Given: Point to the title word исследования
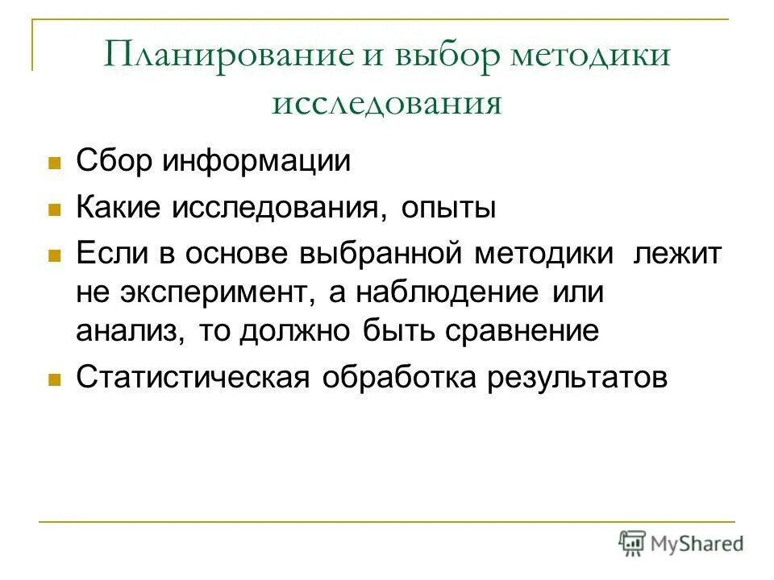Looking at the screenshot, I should (387, 105).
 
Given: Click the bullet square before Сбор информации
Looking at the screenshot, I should (55, 162).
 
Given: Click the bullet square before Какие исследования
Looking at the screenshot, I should (55, 210).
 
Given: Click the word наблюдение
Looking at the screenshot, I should (446, 292).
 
